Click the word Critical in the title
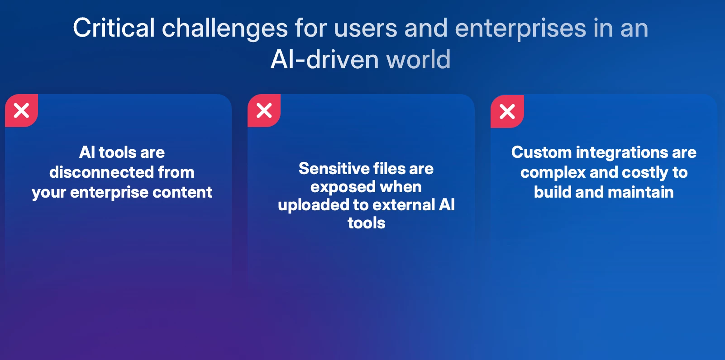click(114, 28)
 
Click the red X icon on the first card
click(21, 111)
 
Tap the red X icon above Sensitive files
click(264, 111)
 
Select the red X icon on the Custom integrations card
click(507, 112)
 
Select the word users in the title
click(365, 28)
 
